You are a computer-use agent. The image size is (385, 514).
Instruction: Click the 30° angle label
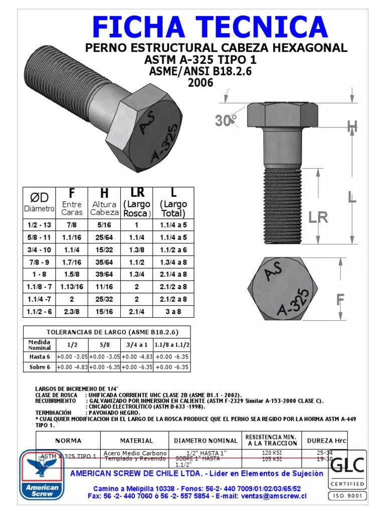point(226,121)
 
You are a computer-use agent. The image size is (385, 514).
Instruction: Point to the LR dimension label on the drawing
point(318,217)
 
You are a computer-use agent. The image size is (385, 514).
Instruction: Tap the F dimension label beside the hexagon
point(340,301)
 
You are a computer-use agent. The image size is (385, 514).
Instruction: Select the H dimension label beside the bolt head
point(352,127)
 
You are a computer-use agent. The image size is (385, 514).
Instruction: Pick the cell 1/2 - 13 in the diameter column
point(40,225)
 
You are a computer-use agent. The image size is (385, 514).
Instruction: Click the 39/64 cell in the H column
point(104,274)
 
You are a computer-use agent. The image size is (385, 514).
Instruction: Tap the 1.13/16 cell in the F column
point(72,286)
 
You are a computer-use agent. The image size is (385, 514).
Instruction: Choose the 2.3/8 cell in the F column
point(72,311)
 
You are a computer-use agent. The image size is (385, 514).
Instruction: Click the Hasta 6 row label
point(39,356)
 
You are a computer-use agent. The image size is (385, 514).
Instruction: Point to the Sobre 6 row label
point(39,367)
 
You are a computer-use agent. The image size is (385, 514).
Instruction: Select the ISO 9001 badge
point(347,496)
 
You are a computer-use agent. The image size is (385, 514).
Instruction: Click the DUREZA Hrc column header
point(326,440)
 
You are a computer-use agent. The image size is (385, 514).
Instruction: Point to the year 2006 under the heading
point(201,82)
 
